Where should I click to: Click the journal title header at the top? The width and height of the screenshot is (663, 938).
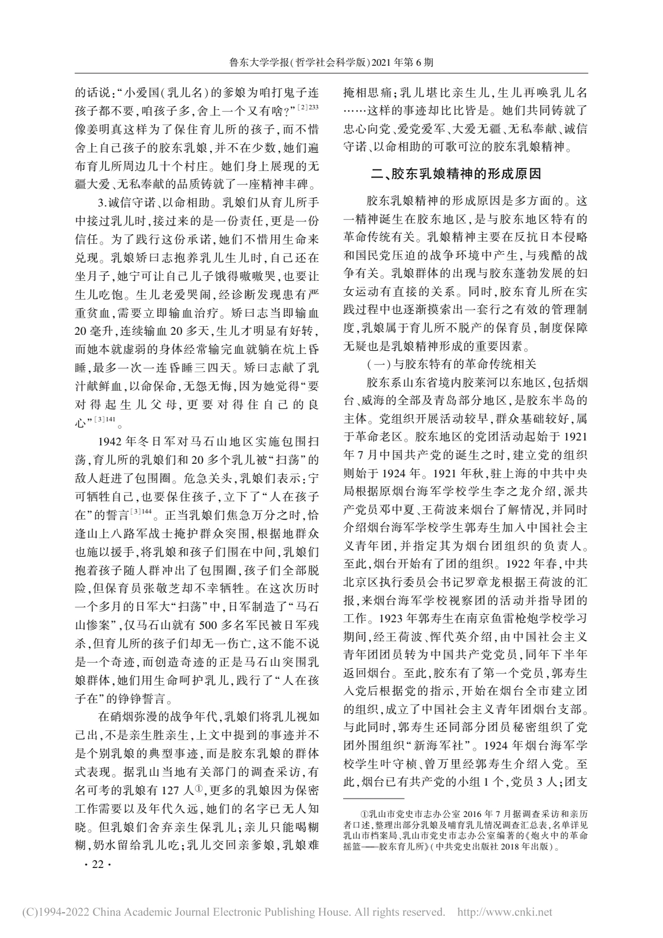click(331, 62)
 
